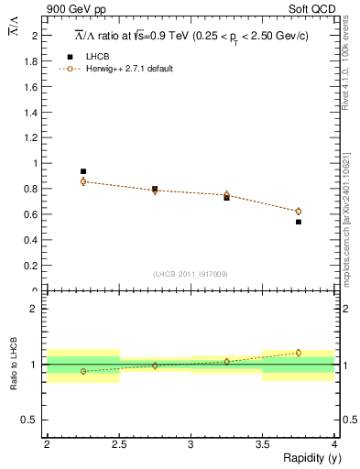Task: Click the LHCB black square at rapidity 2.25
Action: pyautogui.click(x=82, y=171)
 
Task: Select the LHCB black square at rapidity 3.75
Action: pyautogui.click(x=299, y=222)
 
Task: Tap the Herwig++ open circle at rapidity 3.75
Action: pyautogui.click(x=299, y=212)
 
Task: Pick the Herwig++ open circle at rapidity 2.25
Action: pyautogui.click(x=82, y=181)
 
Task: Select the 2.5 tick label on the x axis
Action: pyautogui.click(x=118, y=444)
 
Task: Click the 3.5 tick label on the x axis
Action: pyautogui.click(x=262, y=444)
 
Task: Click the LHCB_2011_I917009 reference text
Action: pyautogui.click(x=190, y=274)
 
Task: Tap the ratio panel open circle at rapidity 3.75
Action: pyautogui.click(x=299, y=353)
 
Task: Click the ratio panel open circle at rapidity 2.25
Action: pyautogui.click(x=82, y=371)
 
